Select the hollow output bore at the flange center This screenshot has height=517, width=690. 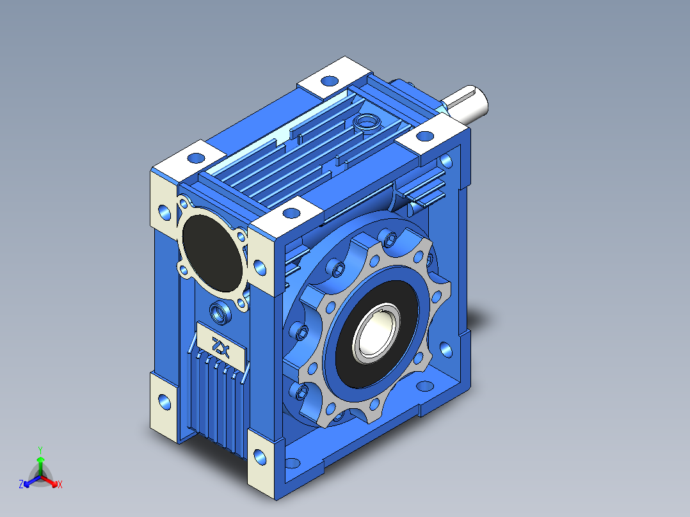[377, 333]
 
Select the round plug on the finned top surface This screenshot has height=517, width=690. [367, 120]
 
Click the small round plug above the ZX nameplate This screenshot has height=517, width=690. [220, 313]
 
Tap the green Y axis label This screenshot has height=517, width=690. [40, 450]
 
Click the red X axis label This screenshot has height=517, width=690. [60, 484]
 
